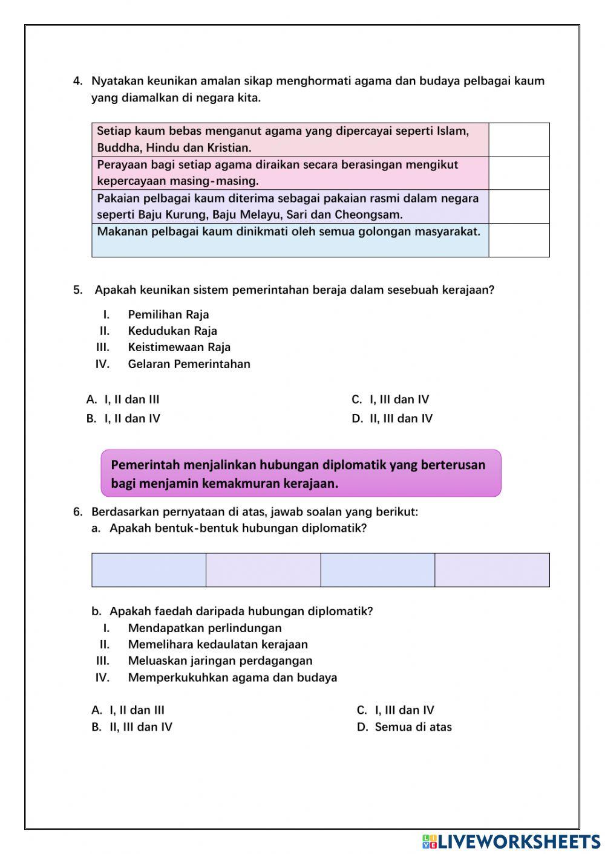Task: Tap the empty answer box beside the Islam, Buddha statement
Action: tap(518, 140)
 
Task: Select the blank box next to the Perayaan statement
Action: tap(518, 173)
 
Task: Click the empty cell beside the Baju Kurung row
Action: tap(518, 206)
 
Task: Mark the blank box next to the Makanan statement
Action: tap(518, 240)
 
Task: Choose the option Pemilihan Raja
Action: tap(168, 314)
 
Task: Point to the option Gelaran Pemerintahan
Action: tap(189, 364)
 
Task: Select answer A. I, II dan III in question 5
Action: tap(123, 400)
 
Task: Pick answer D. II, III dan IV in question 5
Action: tap(392, 418)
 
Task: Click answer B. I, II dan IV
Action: tap(123, 418)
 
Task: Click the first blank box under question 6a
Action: tap(149, 569)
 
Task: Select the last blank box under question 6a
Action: tap(492, 569)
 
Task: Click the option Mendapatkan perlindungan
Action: tap(204, 628)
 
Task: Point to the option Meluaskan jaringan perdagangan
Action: tap(220, 661)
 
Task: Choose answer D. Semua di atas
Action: tap(404, 727)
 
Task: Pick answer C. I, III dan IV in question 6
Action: tap(396, 710)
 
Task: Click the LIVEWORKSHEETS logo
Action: tap(511, 841)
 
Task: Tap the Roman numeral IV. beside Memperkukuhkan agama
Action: tap(102, 678)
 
